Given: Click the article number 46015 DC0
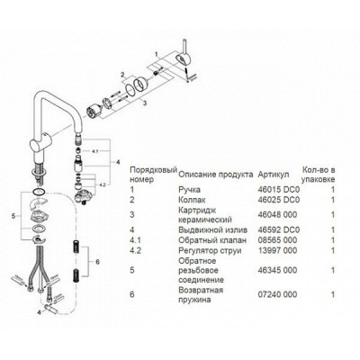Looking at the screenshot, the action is (279, 190).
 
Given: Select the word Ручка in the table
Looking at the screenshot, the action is (189, 190).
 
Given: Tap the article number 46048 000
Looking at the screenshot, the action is (277, 215).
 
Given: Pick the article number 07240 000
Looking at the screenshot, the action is (277, 294).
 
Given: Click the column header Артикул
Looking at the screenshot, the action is (274, 175).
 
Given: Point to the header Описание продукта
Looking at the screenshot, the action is (216, 175).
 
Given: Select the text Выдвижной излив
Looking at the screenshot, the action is (213, 230).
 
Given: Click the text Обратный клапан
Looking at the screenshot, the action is (212, 240).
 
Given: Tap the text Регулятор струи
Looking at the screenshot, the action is (210, 250).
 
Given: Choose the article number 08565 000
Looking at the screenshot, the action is (277, 240).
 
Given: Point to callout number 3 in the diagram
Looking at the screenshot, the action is (145, 103).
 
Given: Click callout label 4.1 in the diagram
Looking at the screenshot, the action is (94, 152).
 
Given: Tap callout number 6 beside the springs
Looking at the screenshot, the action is (97, 262).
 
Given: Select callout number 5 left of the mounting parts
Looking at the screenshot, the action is (13, 216).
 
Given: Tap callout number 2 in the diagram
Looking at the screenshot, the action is (122, 75).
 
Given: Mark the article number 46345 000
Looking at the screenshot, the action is (277, 270).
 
